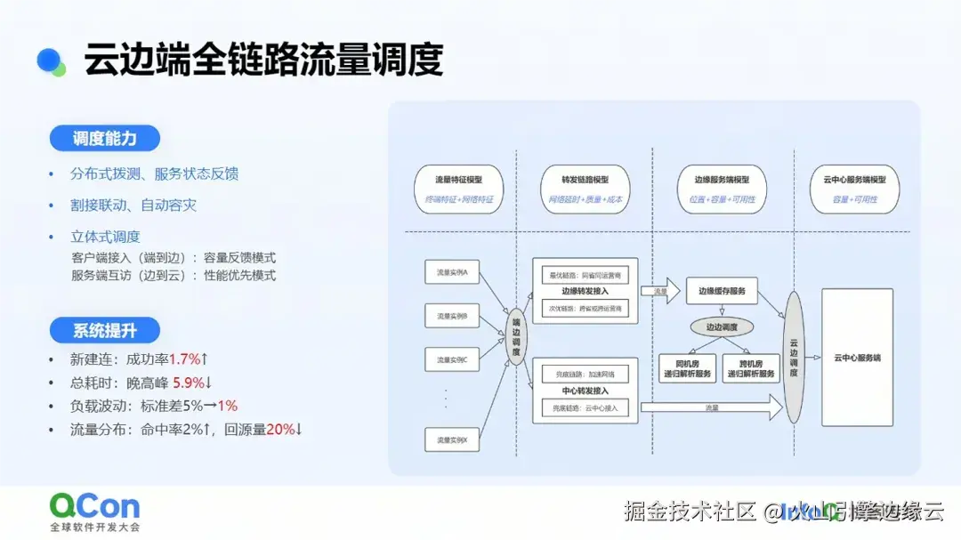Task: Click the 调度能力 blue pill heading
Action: click(x=104, y=139)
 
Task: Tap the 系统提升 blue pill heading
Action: click(x=104, y=331)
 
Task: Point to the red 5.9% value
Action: click(x=189, y=383)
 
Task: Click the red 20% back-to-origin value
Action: click(x=280, y=430)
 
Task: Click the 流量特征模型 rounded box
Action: click(x=459, y=188)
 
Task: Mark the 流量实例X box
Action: click(x=453, y=439)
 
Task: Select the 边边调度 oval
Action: click(x=722, y=326)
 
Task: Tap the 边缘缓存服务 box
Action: click(x=722, y=291)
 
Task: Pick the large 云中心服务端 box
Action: click(x=856, y=357)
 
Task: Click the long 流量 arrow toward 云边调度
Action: click(x=711, y=409)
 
